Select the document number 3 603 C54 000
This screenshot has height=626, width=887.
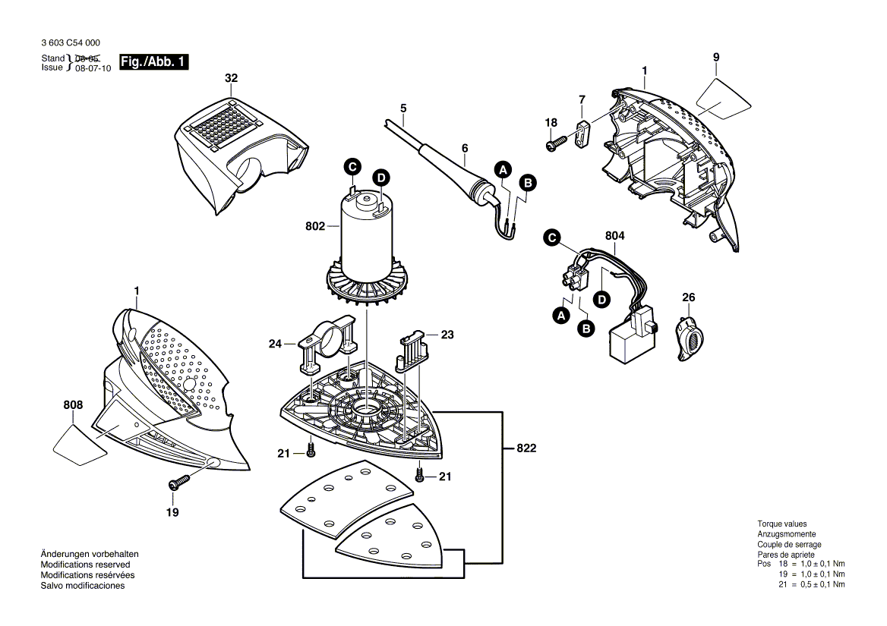coord(71,43)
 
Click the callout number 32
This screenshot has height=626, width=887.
coord(231,78)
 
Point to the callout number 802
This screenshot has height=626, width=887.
coord(315,226)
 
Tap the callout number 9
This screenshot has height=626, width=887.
coord(715,58)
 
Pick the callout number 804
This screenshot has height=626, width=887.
coord(614,237)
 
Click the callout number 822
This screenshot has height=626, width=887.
coord(526,448)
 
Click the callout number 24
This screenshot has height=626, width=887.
coord(276,344)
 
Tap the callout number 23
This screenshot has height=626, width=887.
coord(447,333)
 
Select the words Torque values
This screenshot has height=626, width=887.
coord(781,524)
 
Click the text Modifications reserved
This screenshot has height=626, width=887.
coord(85,565)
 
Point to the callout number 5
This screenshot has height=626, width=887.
coord(403,107)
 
